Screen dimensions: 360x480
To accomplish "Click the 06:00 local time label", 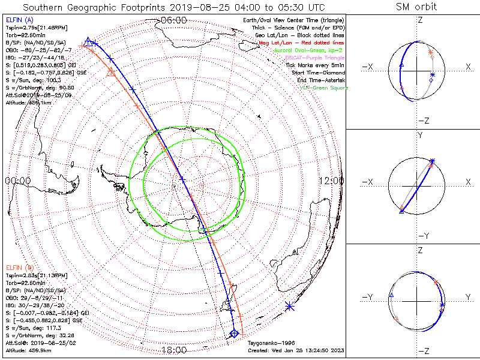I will coord(173,20).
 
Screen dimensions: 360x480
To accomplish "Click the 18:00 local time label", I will coord(173,350).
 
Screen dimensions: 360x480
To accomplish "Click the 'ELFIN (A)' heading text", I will coord(20,20).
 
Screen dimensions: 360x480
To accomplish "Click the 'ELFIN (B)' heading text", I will coord(20,267).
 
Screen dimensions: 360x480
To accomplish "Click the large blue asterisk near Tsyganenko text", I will coord(290,306).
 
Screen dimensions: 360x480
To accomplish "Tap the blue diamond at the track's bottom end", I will coord(235,334).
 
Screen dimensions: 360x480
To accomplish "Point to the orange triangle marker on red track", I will coord(110,72).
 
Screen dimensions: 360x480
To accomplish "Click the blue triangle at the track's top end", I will coord(89,42).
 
